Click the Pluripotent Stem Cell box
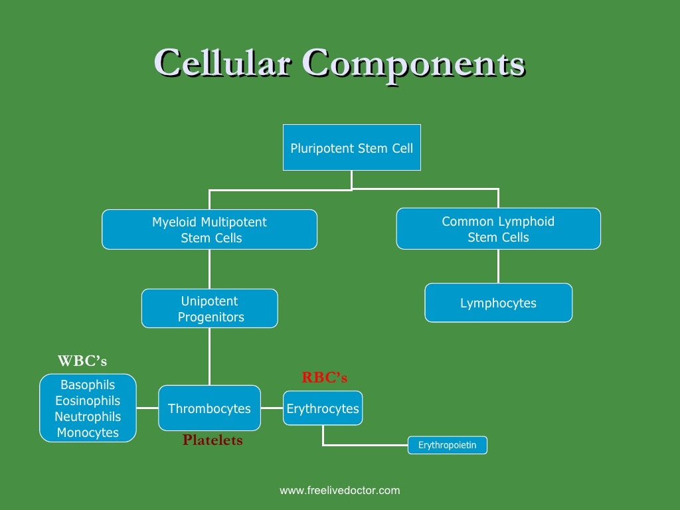click(x=351, y=147)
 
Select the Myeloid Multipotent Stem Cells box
click(x=209, y=230)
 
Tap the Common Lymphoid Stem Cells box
click(x=498, y=229)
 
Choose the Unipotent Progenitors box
click(x=209, y=309)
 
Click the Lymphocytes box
click(x=498, y=303)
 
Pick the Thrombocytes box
click(x=209, y=408)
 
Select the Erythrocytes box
click(x=323, y=408)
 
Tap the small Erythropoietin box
click(x=447, y=445)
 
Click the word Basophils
click(x=88, y=385)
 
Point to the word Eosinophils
click(x=88, y=401)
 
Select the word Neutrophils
click(x=88, y=417)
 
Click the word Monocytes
click(x=88, y=433)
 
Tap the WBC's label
click(x=82, y=361)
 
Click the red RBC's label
click(x=324, y=378)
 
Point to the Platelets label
click(x=212, y=440)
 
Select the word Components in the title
click(x=413, y=64)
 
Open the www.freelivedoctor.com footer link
click(x=340, y=491)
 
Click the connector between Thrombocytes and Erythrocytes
click(x=272, y=408)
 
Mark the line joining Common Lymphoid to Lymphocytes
click(x=498, y=266)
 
